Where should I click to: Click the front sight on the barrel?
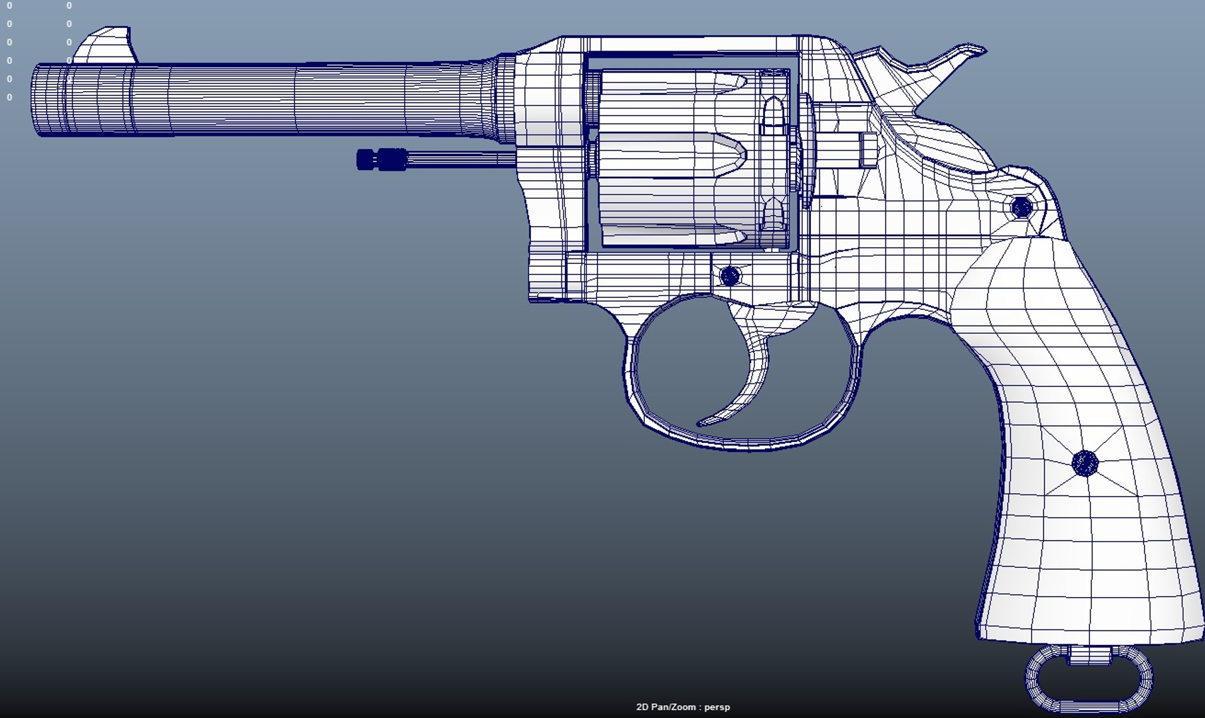tap(108, 45)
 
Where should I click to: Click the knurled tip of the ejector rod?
tap(382, 160)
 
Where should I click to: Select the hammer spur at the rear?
tap(957, 57)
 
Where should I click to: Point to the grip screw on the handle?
tap(1085, 463)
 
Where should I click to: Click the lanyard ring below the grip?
tap(1089, 681)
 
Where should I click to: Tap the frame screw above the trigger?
tap(730, 276)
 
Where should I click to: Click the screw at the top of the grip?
tap(1022, 207)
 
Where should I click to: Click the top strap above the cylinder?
tap(691, 45)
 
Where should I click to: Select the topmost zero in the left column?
tap(9, 5)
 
